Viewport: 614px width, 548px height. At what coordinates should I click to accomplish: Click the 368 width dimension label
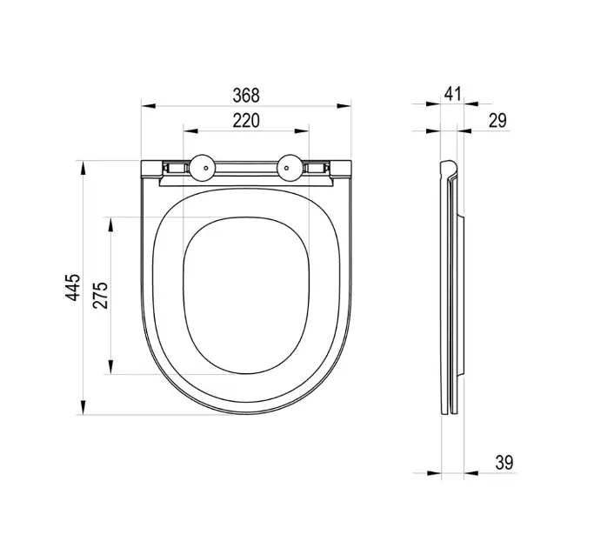pos(246,95)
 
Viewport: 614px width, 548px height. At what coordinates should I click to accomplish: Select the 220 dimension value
pos(246,121)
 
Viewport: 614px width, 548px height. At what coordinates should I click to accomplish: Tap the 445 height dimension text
pos(73,288)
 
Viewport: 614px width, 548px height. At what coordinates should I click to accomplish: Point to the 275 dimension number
pos(100,295)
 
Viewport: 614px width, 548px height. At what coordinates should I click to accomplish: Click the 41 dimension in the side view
pos(452,94)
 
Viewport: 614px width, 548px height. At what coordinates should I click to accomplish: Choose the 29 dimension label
pos(497,121)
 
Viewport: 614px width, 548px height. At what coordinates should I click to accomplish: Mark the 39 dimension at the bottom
pos(504,463)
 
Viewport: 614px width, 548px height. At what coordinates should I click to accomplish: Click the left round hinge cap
pos(203,168)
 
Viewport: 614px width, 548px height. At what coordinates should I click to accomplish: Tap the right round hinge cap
pos(290,168)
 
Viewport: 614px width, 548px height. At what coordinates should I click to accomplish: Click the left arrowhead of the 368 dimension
pos(148,106)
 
